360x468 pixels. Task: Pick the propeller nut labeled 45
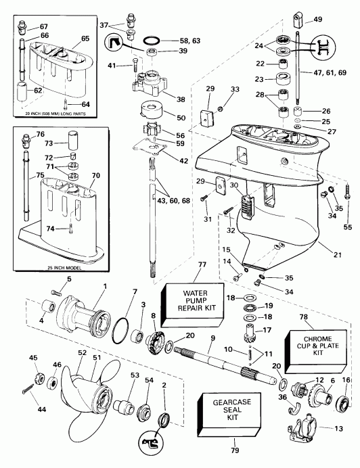(35, 377)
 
